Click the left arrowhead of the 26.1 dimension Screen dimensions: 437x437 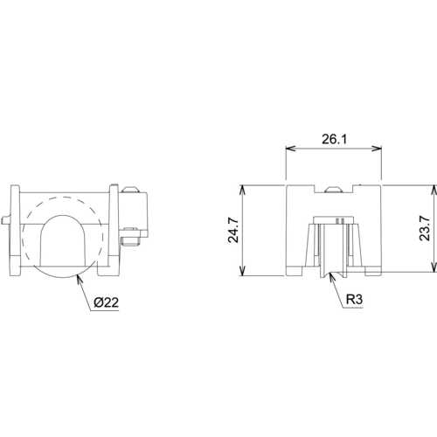click(x=290, y=149)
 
